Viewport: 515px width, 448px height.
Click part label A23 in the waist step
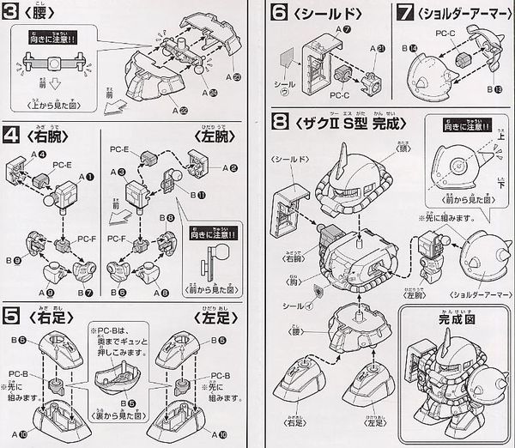click(238, 77)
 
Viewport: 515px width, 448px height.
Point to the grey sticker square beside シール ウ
click(288, 60)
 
